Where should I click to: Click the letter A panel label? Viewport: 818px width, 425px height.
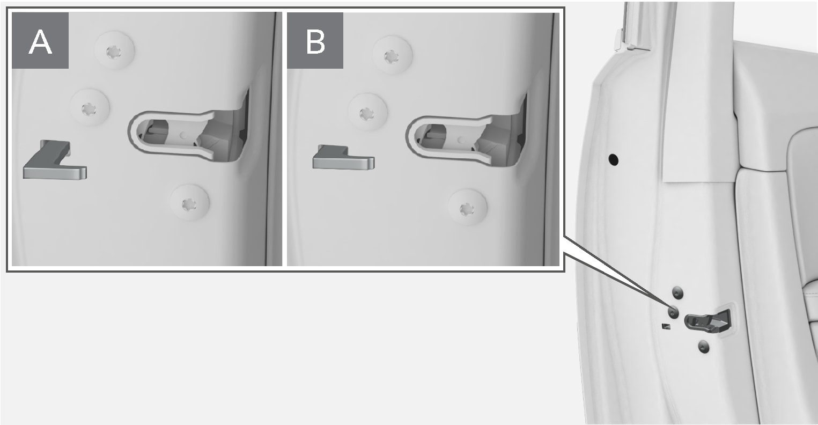pos(40,41)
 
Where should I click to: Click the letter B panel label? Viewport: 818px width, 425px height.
pos(315,41)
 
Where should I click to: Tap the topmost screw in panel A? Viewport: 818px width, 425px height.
pos(114,51)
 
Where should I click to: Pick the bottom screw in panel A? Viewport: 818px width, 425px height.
pos(189,203)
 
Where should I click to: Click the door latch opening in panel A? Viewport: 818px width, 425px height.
pos(190,136)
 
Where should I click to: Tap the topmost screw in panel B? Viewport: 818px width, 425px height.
pos(392,55)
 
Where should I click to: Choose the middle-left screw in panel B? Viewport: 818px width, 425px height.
pos(367,113)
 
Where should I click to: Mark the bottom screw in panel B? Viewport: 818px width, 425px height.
pos(467,208)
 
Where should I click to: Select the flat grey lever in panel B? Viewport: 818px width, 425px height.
pos(343,158)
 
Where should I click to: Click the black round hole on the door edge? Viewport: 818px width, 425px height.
pos(613,159)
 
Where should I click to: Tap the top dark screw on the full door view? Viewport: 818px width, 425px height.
pos(677,292)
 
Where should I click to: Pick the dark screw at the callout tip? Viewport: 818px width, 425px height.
pos(673,312)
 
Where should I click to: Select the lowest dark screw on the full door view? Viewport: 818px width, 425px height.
pos(704,347)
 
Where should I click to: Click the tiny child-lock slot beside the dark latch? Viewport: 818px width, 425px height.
pos(666,326)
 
